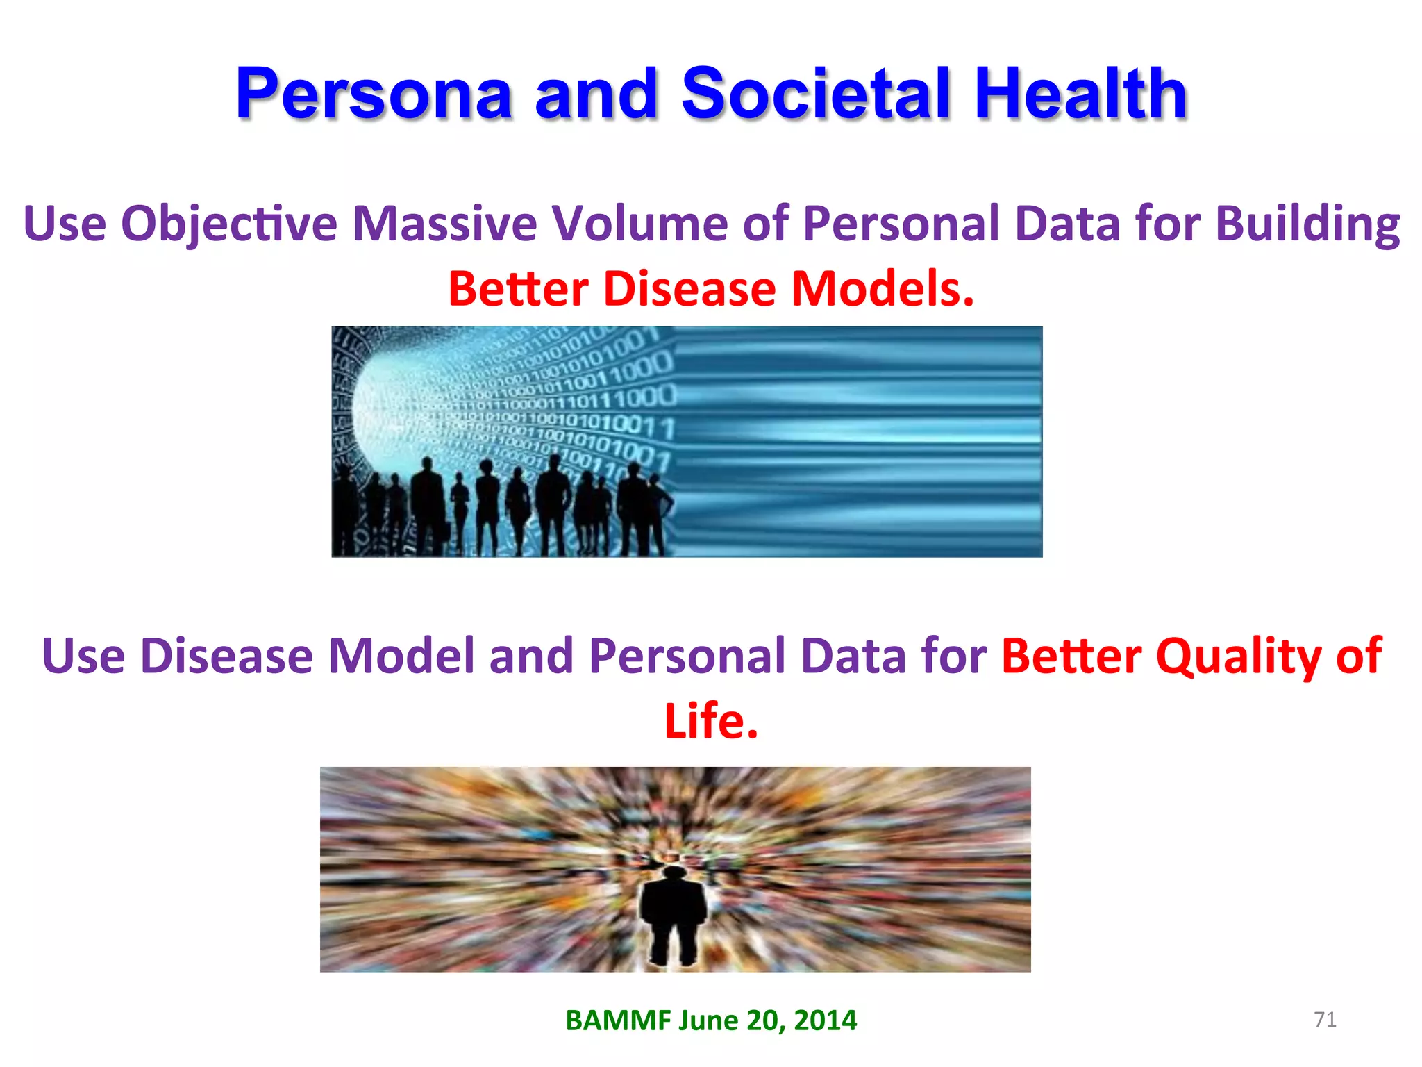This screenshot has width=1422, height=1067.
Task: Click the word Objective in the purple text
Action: (x=229, y=224)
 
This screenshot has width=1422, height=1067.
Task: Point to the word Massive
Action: (x=444, y=224)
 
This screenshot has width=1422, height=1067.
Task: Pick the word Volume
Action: (x=639, y=224)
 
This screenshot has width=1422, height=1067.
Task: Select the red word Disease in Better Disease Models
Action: (x=689, y=289)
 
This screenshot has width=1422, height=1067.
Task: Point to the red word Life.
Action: (x=710, y=721)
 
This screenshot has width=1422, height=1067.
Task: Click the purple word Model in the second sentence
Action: (x=401, y=656)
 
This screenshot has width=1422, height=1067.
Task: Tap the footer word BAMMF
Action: (x=618, y=1020)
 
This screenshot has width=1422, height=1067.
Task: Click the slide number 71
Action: (x=1325, y=1020)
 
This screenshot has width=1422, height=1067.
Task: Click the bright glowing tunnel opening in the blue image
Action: (x=389, y=410)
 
